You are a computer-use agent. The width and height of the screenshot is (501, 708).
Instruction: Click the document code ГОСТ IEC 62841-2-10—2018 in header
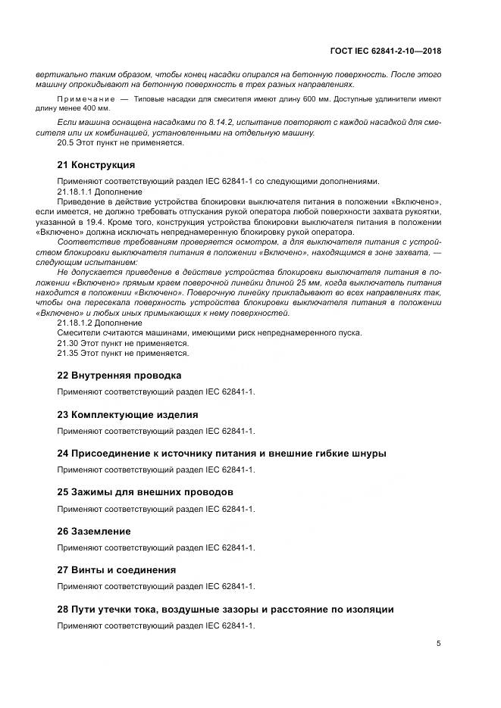(x=385, y=51)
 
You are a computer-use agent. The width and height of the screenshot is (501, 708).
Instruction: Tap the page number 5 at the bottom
(x=438, y=644)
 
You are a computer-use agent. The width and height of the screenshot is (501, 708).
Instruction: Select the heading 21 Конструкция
(x=96, y=164)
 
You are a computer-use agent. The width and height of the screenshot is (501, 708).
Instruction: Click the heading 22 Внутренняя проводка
(x=120, y=375)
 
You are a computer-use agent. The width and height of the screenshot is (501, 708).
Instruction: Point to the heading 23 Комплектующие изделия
(x=128, y=414)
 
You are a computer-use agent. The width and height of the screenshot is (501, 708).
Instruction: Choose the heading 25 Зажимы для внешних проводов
(x=146, y=492)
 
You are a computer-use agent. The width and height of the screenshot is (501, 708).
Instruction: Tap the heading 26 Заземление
(x=94, y=532)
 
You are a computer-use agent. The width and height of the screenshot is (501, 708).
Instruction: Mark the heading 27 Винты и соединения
(x=117, y=570)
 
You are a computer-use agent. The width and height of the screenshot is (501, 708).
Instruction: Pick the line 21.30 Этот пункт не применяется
(x=123, y=343)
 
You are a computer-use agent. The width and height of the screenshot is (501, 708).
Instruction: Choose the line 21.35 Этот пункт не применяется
(x=123, y=353)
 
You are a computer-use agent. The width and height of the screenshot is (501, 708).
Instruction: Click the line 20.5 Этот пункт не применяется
(x=121, y=143)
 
